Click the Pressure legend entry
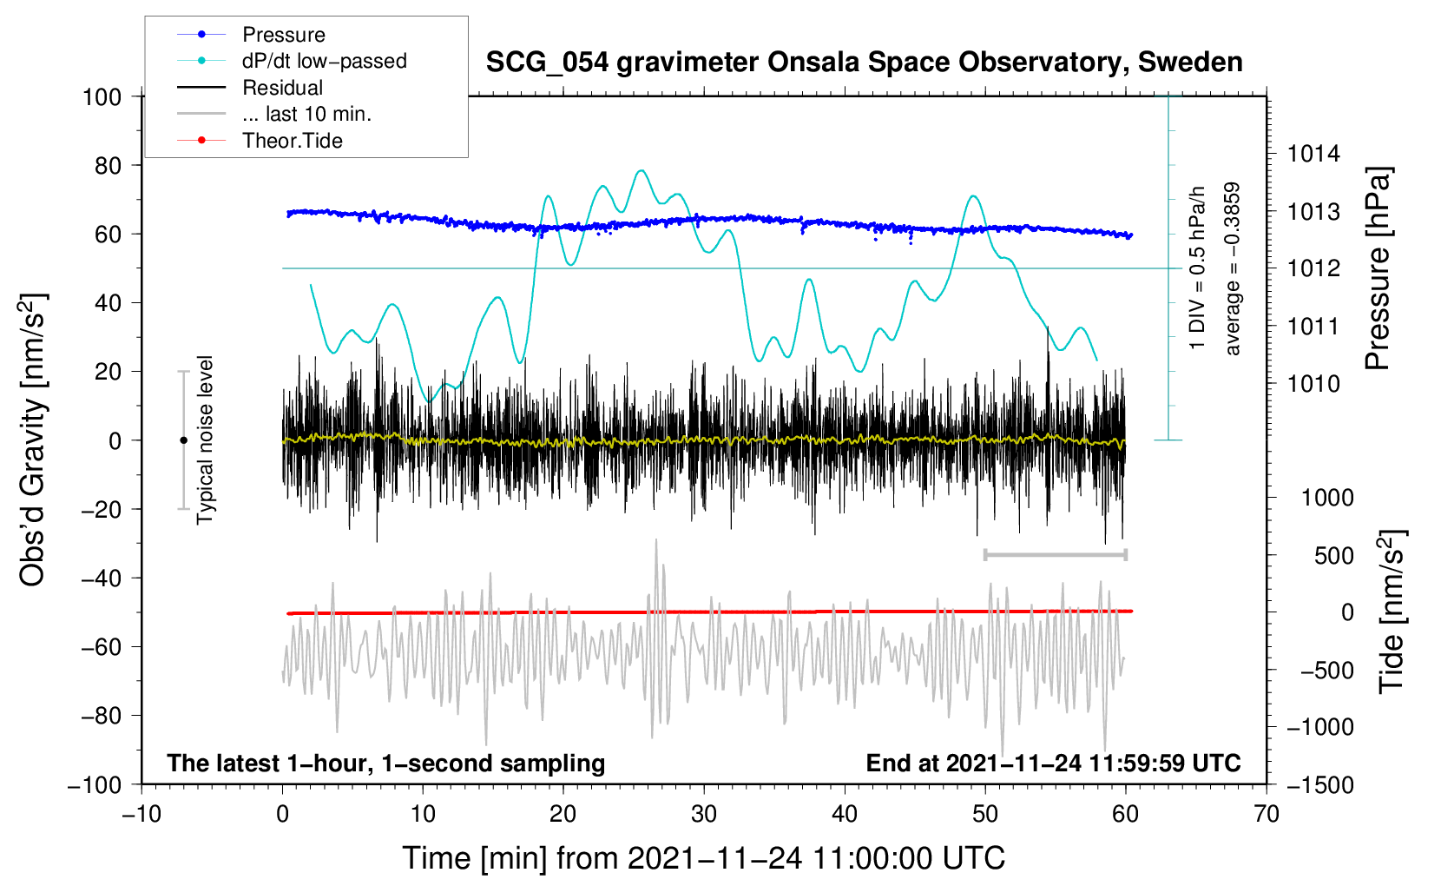pos(283,35)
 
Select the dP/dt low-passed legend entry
pos(324,61)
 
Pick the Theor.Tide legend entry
pos(292,141)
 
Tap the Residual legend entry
pos(282,88)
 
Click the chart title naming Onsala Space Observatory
pos(864,63)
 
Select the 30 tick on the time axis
pos(704,814)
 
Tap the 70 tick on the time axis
pos(1267,814)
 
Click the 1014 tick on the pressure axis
pos(1313,154)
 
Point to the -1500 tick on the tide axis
pos(1320,784)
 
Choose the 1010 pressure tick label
pos(1313,383)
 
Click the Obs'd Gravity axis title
pos(33,440)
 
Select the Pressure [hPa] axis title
pos(1378,268)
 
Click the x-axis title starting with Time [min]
pos(703,858)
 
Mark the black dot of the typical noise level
pos(183,440)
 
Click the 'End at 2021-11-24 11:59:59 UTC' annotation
pos(1053,763)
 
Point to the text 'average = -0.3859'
pos(1232,268)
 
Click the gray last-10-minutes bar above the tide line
pos(1055,554)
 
